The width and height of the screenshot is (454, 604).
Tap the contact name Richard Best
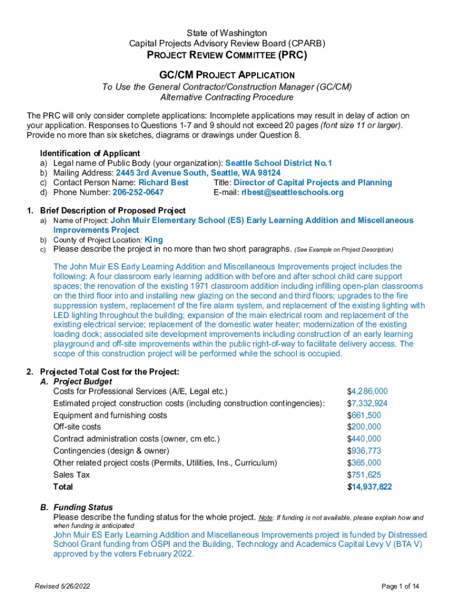click(163, 182)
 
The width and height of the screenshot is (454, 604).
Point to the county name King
click(153, 239)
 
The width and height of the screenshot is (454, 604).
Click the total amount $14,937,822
click(370, 487)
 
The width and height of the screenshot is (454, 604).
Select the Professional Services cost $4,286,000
click(367, 391)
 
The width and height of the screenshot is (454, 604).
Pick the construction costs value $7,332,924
click(367, 403)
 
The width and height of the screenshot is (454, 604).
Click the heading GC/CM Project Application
click(227, 75)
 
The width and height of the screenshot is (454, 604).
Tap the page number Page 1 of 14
click(400, 586)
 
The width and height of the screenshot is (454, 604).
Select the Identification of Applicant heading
click(90, 153)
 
